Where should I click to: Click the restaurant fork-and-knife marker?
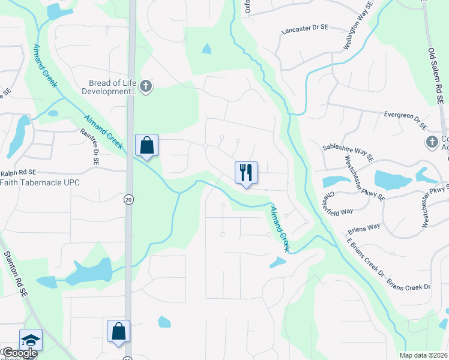coord(246,173)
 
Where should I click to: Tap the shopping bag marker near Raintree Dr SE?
coord(146,145)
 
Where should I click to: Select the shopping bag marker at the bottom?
coord(119,331)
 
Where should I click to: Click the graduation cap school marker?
coord(31,340)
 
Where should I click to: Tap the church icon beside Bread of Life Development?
coord(146,87)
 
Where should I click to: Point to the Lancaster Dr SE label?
coord(305,28)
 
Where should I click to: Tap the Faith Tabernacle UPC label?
coord(40,182)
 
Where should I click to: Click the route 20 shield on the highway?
coord(128,200)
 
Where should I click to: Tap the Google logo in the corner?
coord(19,353)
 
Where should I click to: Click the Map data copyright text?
coord(423,355)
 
